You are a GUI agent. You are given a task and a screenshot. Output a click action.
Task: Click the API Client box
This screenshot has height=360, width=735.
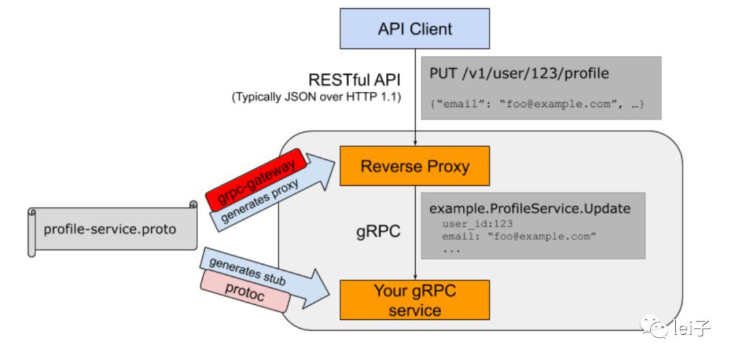[x=414, y=29]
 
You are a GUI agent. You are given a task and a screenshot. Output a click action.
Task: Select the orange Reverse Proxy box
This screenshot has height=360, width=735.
[x=414, y=166]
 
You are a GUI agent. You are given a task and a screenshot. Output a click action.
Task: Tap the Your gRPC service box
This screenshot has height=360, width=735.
[x=414, y=301]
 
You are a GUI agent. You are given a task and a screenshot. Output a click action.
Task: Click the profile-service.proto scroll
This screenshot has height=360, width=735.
[x=110, y=229]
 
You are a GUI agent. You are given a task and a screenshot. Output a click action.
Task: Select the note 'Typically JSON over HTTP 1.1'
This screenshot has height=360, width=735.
[x=316, y=97]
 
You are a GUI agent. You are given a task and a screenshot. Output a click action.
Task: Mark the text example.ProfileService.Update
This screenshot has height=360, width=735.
[x=530, y=208]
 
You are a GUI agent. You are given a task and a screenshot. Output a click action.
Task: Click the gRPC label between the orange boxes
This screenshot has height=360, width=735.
[x=378, y=231]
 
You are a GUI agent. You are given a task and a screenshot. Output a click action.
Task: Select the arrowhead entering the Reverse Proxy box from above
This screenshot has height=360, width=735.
[x=415, y=142]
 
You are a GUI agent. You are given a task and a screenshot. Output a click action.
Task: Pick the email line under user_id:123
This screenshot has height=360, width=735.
[x=519, y=236]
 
